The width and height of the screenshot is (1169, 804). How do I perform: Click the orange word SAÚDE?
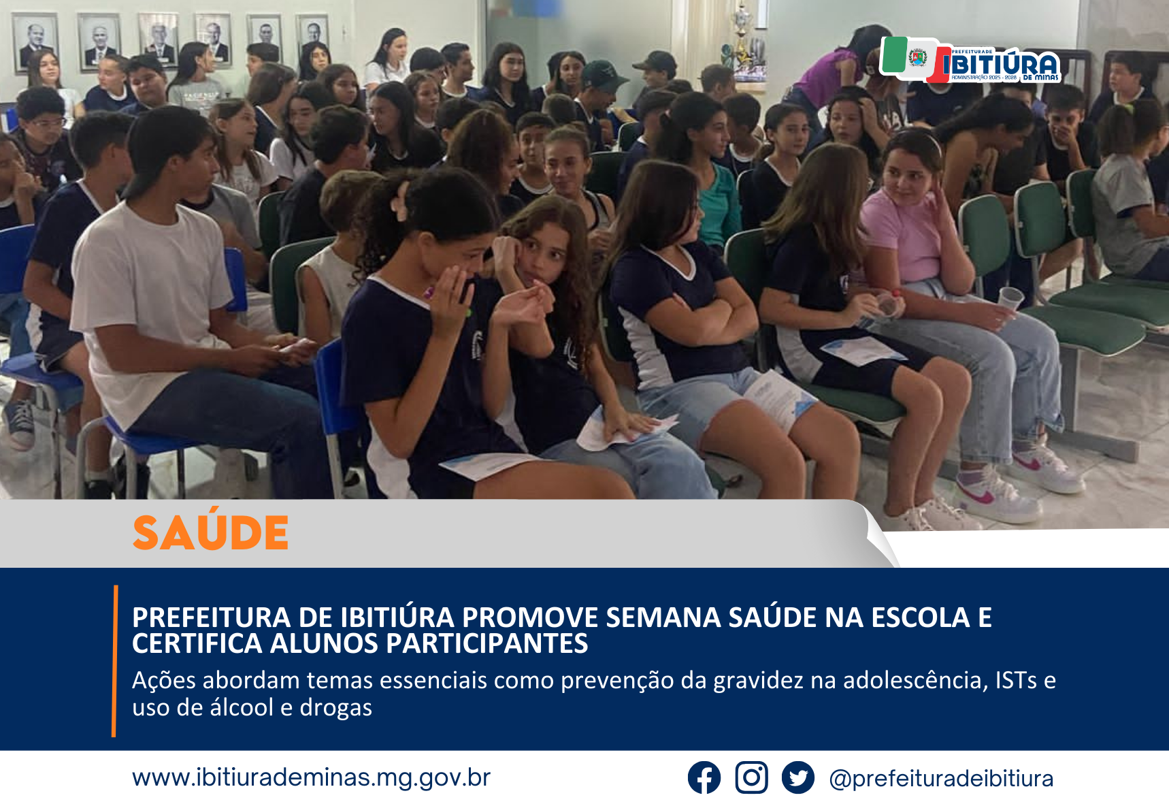pyautogui.click(x=210, y=532)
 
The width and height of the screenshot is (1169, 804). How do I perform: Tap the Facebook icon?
pyautogui.click(x=704, y=777)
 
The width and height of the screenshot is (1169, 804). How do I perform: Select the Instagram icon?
pyautogui.click(x=751, y=777)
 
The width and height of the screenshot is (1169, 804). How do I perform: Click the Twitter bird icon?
pyautogui.click(x=797, y=777)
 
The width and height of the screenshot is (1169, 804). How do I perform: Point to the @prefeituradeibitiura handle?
pyautogui.click(x=941, y=778)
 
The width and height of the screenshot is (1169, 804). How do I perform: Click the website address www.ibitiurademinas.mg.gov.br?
pyautogui.click(x=311, y=777)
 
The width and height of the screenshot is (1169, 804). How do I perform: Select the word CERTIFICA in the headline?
pyautogui.click(x=197, y=644)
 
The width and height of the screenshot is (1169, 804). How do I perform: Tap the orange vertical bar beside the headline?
pyautogui.click(x=115, y=661)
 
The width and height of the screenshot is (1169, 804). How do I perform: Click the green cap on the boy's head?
pyautogui.click(x=602, y=74)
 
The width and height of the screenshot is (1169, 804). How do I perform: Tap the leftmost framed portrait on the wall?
pyautogui.click(x=34, y=42)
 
